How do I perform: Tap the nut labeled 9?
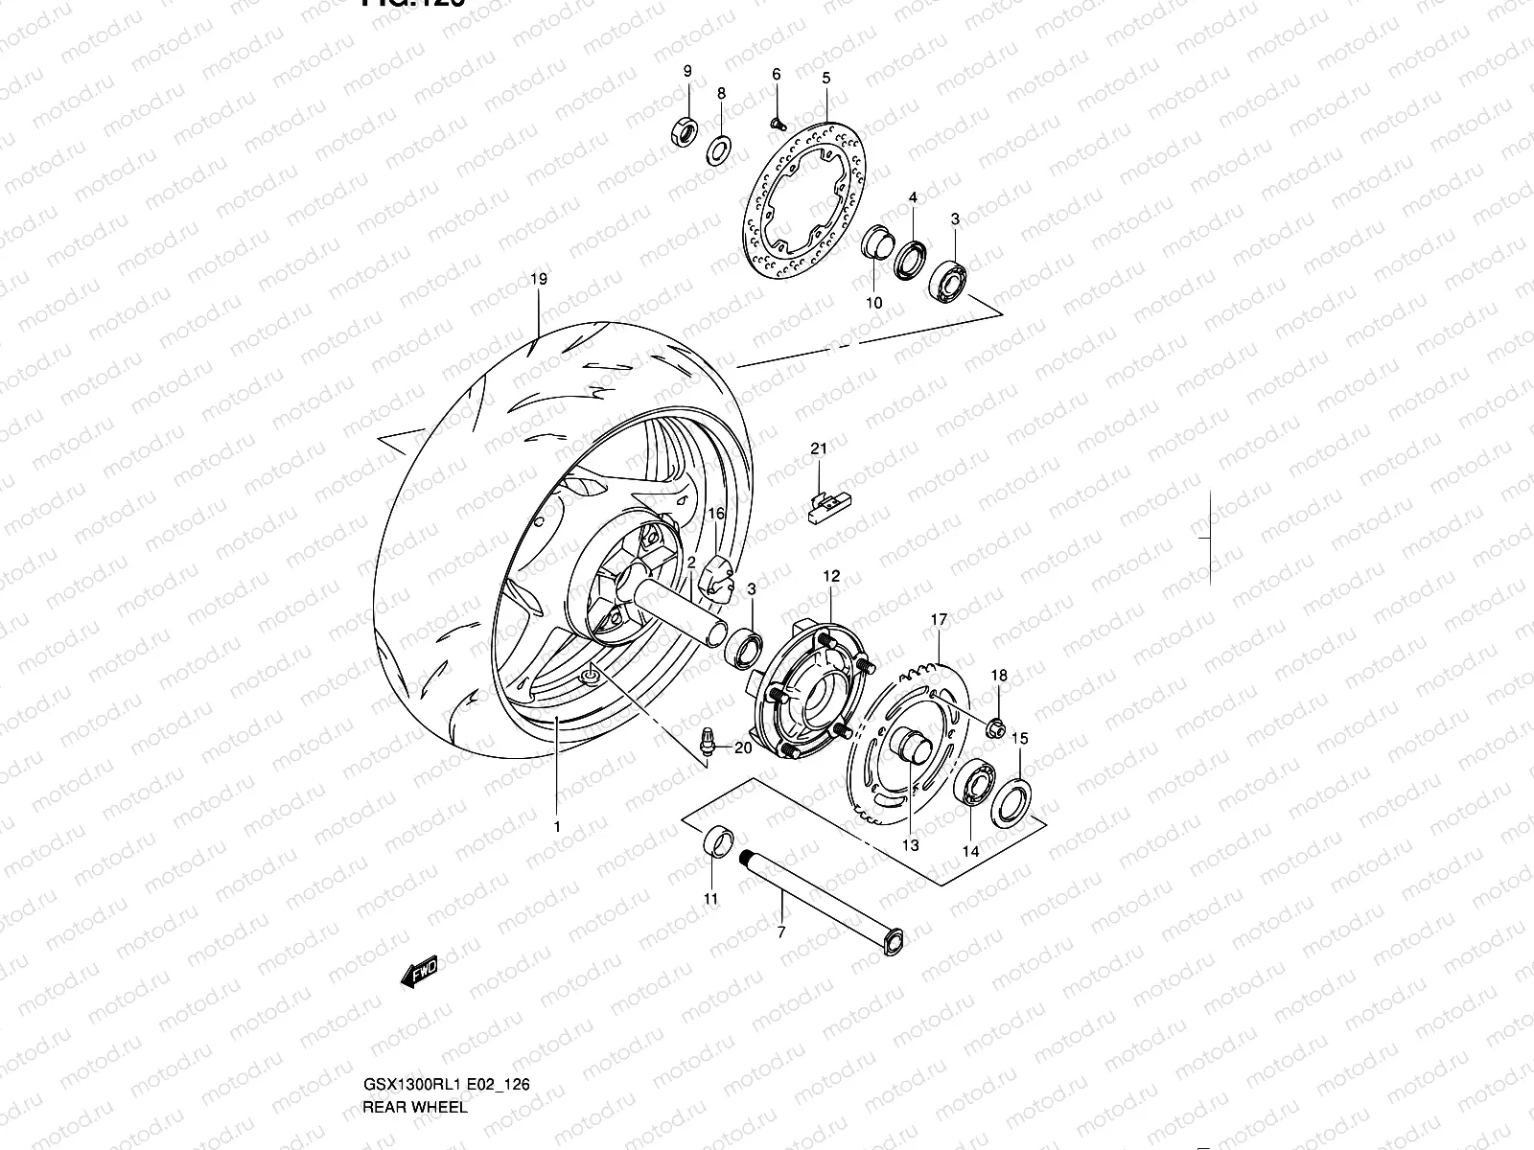(x=683, y=130)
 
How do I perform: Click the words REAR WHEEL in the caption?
(x=415, y=1107)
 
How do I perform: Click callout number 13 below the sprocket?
(x=910, y=845)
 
